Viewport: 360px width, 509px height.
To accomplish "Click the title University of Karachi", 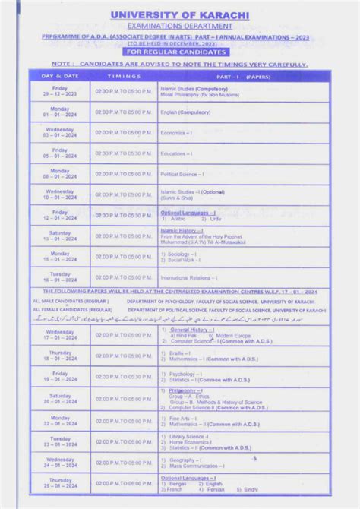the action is click(180, 14).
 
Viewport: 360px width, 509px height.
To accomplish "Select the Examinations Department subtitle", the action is click(180, 26).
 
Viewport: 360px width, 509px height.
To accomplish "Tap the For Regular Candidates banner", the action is click(180, 52).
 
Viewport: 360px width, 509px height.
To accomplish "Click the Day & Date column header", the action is click(60, 77).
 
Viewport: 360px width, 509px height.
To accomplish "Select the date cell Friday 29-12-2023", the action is click(60, 92).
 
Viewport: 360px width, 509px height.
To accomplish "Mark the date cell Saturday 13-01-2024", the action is click(60, 236).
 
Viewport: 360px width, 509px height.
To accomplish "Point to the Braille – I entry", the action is click(179, 353).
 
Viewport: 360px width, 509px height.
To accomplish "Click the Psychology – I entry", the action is click(185, 374).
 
